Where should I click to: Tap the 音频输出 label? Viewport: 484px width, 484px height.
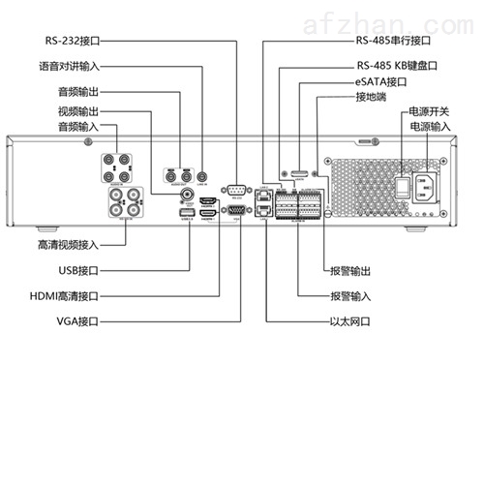click(78, 96)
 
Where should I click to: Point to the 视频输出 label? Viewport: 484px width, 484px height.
click(78, 111)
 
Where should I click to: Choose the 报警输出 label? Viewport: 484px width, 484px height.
click(350, 272)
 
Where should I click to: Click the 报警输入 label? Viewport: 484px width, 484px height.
click(350, 295)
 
